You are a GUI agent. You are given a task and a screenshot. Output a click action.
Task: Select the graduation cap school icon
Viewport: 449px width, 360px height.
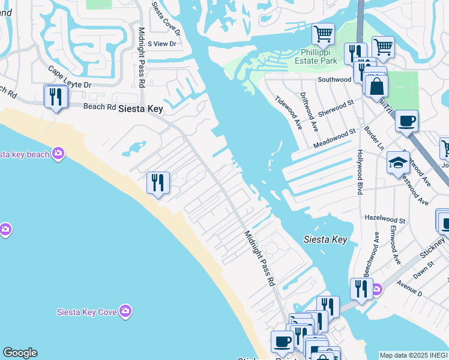tap(398, 163)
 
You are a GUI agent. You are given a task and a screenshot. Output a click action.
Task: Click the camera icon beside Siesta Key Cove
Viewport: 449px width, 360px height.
tap(125, 310)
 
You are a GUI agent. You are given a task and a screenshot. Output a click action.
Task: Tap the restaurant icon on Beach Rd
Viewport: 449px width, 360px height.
tap(56, 97)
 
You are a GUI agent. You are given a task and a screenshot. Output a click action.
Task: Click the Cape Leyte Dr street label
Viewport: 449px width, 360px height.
tap(69, 78)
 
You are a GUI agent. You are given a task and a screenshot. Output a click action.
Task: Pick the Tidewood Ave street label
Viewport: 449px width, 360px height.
tap(289, 112)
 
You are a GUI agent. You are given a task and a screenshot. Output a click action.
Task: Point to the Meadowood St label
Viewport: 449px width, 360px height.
tap(334, 139)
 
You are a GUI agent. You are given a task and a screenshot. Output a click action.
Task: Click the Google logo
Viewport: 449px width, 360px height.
tap(20, 353)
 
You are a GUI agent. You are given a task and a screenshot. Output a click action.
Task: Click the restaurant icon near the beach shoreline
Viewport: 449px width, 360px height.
tap(158, 183)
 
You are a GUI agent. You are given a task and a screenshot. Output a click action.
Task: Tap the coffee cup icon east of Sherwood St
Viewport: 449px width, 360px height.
tap(406, 121)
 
